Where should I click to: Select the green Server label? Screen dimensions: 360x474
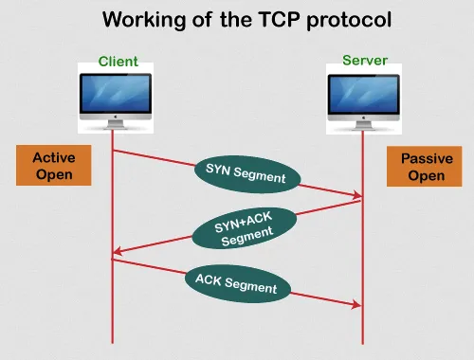[365, 61]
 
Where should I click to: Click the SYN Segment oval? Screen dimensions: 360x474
[246, 171]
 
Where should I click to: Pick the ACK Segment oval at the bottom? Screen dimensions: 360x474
[236, 283]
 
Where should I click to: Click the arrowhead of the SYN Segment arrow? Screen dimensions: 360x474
[357, 196]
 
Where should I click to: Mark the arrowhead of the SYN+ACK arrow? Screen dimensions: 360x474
[117, 251]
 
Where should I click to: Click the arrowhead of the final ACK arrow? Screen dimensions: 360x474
[357, 305]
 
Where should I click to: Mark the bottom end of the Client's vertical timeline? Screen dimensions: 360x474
[113, 341]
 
